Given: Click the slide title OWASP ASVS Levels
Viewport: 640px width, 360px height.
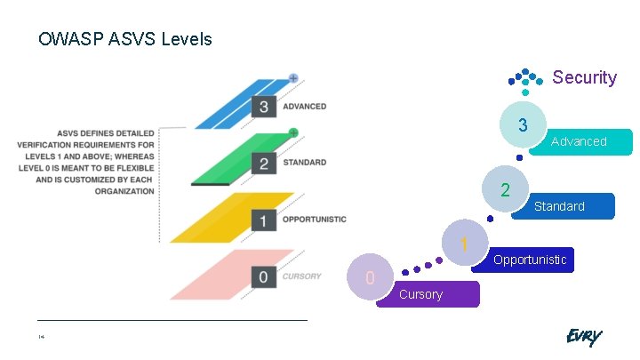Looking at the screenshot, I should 124,40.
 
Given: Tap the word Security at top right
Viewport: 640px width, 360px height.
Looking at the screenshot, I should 584,77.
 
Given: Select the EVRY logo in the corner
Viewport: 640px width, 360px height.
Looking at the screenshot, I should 583,337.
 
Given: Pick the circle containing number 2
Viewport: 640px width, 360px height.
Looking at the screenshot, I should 505,190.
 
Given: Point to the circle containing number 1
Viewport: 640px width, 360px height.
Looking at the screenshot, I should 464,243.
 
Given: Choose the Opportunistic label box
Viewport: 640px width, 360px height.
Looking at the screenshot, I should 531,260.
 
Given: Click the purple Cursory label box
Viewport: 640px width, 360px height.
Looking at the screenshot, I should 428,294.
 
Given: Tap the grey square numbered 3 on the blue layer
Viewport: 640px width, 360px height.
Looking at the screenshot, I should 263,107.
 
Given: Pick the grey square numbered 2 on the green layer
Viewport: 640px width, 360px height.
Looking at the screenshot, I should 263,163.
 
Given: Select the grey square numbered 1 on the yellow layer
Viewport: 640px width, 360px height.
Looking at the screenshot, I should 263,220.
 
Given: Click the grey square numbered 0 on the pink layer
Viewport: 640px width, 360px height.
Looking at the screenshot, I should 263,276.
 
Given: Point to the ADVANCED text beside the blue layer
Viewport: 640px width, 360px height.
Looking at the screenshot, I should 304,107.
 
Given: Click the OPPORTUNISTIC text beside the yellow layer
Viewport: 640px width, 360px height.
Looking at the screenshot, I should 314,220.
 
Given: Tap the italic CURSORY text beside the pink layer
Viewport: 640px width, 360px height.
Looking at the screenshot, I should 301,276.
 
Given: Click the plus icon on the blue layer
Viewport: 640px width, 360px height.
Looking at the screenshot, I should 293,78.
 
